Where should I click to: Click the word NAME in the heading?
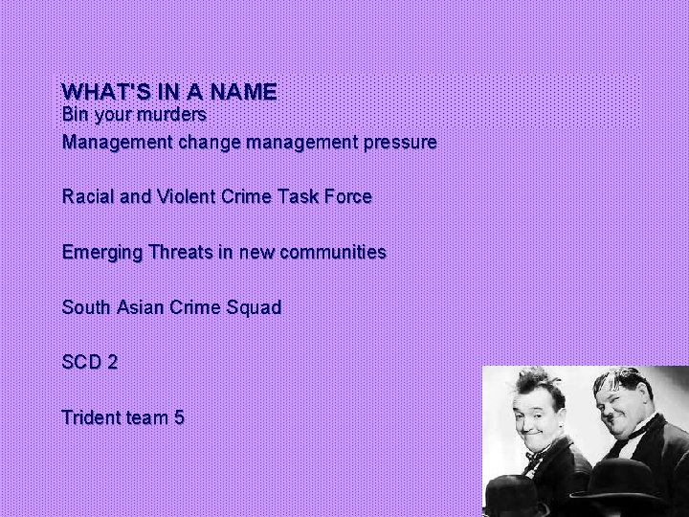click(243, 92)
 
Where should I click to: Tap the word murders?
click(173, 115)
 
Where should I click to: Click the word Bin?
click(75, 115)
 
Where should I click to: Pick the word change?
click(209, 143)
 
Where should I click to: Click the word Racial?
click(88, 197)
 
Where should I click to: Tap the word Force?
click(347, 197)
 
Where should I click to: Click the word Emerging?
click(100, 253)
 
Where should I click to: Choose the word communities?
click(330, 253)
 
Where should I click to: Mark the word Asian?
click(141, 308)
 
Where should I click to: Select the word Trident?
click(88, 418)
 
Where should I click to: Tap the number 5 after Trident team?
click(179, 418)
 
